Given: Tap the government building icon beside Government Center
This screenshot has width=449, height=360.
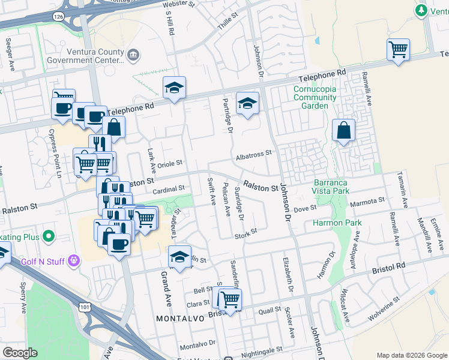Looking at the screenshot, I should (133, 56).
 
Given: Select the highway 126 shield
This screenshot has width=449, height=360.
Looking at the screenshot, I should (58, 18).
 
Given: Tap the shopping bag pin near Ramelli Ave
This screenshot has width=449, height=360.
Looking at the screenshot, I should (343, 130).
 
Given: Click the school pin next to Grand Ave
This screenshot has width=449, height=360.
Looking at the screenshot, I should (179, 256).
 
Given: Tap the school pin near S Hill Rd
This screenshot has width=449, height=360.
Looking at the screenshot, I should (174, 87).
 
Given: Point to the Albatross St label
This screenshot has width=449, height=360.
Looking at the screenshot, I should (254, 153).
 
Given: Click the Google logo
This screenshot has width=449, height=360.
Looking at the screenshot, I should (20, 353).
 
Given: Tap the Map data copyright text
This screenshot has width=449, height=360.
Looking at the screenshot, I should (411, 355).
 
